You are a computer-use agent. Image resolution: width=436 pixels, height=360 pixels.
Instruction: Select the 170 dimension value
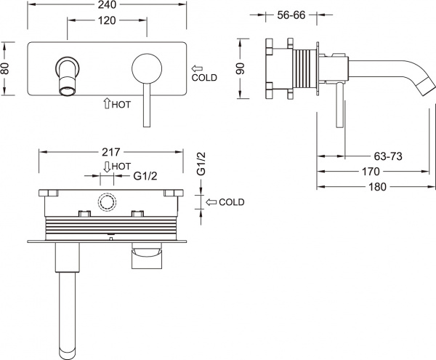point(370,172)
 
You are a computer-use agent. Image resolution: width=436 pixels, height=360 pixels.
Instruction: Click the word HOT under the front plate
point(121,104)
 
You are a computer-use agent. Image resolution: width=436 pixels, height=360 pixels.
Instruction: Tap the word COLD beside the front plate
point(206,76)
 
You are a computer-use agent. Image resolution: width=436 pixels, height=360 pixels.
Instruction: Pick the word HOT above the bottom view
point(121,165)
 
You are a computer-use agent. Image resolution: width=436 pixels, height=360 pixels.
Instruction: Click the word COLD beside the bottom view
point(231,201)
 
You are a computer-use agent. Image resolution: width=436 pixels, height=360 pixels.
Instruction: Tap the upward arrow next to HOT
point(107,104)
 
